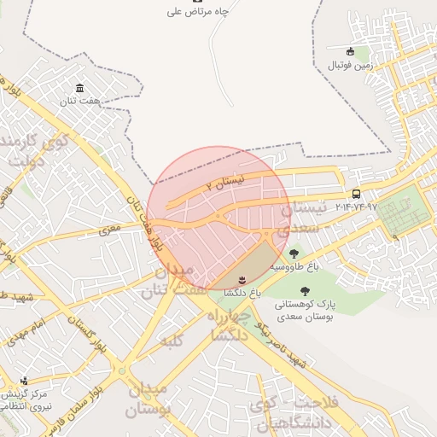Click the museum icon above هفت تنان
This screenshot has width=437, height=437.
tap(79, 89)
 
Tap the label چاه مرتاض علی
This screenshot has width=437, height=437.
tap(198, 12)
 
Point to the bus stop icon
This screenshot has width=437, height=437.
tap(356, 194)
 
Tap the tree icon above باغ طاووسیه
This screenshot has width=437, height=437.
tap(294, 253)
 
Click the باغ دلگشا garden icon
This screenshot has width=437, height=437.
tap(242, 279)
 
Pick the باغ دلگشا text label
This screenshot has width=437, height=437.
tap(242, 293)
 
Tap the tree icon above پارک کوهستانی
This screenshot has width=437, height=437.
tap(305, 291)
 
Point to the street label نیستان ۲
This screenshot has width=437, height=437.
tap(227, 182)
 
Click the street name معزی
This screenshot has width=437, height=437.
tap(111, 230)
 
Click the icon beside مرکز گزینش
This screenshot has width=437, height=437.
tap(23, 382)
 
